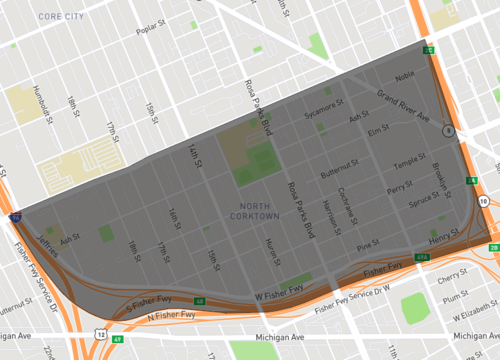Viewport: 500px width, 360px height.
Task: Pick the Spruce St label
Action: coord(424,200)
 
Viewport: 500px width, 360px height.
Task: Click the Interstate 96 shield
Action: coord(14,215)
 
